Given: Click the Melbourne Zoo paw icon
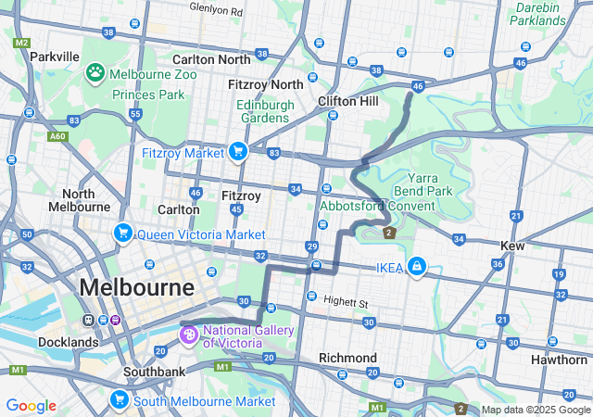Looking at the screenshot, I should [x=95, y=71].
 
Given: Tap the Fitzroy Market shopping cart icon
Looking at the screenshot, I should [x=238, y=151].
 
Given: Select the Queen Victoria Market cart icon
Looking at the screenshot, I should [x=121, y=234].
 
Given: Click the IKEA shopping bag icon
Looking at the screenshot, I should [x=417, y=267].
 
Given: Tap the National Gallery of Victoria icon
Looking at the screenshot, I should [x=189, y=333].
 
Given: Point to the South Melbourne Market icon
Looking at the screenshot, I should [x=120, y=400].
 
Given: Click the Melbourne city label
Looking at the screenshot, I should [x=136, y=287].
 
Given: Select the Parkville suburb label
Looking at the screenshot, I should [x=54, y=57].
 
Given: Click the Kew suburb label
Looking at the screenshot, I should [x=511, y=246].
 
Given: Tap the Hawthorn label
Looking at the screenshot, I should [x=559, y=360].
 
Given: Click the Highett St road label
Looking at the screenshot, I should [x=347, y=302].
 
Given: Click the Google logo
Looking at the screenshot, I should [x=31, y=406].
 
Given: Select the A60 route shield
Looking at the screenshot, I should [x=58, y=136].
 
